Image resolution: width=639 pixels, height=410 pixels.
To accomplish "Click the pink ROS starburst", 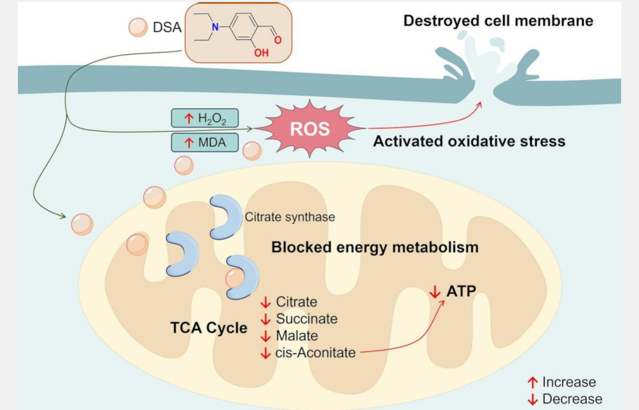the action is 310,129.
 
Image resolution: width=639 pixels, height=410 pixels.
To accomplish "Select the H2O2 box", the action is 205,118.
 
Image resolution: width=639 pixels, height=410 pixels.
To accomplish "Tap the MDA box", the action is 205,142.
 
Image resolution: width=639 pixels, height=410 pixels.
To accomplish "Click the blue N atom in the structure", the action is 215,27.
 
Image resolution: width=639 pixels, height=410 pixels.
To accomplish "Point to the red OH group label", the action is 261,53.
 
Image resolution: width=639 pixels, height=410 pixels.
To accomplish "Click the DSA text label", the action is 167,28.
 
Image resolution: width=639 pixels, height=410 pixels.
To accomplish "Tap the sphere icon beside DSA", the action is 138,28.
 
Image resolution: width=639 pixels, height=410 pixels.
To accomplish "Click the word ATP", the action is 461,291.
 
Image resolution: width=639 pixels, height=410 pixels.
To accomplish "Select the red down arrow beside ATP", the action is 435,292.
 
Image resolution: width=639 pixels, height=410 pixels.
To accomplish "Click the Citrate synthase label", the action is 290,217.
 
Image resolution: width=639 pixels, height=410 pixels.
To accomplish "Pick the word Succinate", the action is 307,318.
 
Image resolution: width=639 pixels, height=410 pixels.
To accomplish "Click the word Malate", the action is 297,336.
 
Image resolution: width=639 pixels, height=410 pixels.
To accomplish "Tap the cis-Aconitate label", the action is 315,353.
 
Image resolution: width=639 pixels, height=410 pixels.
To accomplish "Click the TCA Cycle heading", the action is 209,328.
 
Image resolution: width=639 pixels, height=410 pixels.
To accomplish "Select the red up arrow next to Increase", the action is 533,382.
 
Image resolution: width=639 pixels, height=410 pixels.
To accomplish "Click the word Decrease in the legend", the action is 572,399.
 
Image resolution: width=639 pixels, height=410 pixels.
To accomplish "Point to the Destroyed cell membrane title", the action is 498,21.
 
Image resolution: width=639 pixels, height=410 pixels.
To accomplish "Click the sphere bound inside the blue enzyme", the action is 235,278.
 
